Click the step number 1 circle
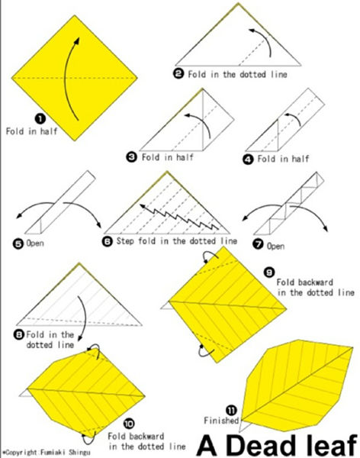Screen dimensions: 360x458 click(40, 118)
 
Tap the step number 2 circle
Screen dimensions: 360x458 click(178, 73)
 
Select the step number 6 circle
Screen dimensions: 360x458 click(108, 241)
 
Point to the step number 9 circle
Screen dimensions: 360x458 click(269, 273)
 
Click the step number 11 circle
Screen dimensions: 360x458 click(232, 411)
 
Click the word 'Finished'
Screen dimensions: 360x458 click(221, 421)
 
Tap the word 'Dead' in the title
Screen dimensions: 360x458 click(262, 445)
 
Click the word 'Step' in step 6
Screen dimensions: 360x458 click(126, 241)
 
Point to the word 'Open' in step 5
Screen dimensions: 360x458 click(35, 244)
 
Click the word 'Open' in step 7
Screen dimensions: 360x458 click(275, 247)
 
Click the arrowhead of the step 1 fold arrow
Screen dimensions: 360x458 click(77, 40)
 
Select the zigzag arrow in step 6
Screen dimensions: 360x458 click(179, 217)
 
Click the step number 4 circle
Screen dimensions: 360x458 click(248, 160)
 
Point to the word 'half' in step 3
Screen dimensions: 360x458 click(185, 157)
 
